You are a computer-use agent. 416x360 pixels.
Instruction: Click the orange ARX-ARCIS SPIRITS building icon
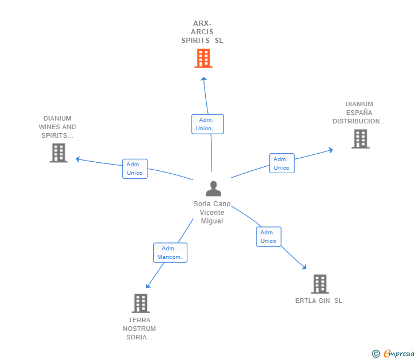[203, 58]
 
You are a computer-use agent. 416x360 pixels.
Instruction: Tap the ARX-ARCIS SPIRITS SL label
[202, 32]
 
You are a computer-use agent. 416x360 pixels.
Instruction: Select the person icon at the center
[213, 189]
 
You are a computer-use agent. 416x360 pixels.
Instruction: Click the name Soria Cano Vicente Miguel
[212, 213]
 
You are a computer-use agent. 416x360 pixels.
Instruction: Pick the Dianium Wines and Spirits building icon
[58, 153]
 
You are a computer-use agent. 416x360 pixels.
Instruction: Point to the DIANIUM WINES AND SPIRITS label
[57, 127]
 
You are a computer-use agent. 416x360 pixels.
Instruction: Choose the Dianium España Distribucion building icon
[360, 139]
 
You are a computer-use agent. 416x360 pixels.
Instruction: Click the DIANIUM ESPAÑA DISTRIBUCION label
[359, 113]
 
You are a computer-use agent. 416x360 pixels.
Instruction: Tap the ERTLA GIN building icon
[319, 284]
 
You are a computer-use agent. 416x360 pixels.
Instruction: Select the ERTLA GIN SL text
[319, 301]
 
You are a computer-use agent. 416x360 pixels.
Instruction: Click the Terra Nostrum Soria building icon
[141, 303]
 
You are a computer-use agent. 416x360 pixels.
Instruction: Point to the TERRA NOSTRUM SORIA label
[139, 329]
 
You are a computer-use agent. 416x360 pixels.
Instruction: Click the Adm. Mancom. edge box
[170, 253]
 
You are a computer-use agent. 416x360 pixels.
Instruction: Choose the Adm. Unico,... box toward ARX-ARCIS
[207, 124]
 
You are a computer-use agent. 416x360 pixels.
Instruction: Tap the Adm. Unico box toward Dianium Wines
[135, 169]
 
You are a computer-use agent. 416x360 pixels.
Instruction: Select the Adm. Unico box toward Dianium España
[282, 163]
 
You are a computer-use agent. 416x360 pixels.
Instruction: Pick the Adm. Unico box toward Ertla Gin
[269, 237]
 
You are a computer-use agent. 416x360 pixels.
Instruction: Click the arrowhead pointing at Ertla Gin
[305, 267]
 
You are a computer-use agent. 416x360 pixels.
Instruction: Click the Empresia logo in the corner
[394, 354]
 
